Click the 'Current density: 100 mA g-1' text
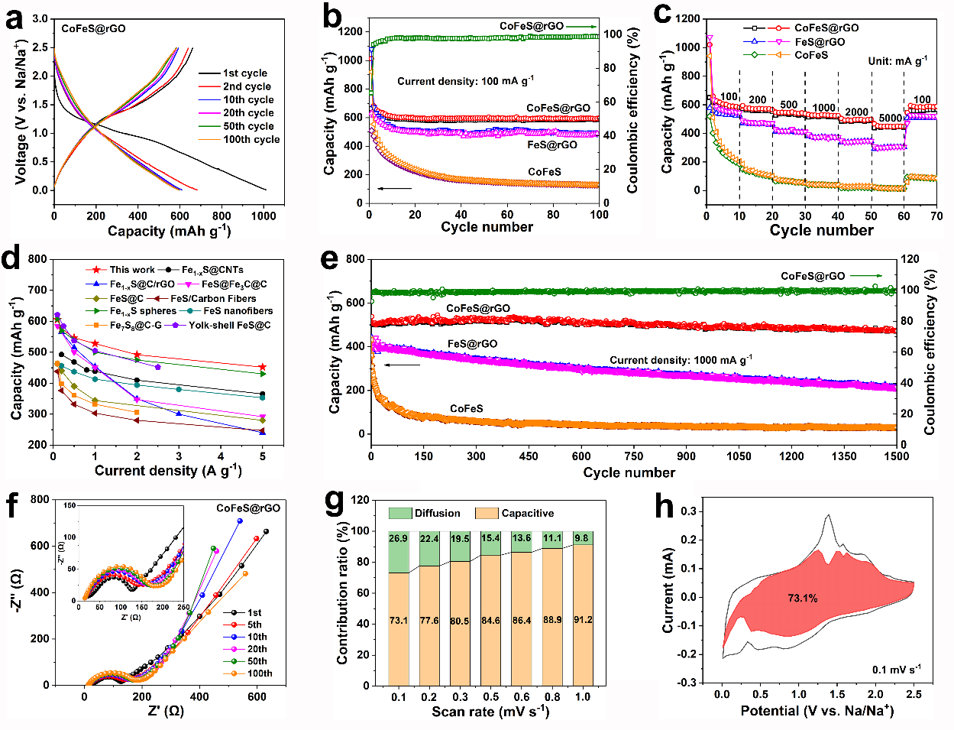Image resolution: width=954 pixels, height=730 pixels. [465, 80]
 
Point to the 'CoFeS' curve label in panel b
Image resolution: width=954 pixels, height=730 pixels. [544, 172]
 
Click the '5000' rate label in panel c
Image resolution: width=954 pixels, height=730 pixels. [890, 118]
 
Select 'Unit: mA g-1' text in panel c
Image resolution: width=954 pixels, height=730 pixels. [897, 60]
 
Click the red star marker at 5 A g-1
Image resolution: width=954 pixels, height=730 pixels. [263, 367]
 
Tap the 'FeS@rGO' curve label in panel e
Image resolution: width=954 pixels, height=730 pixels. [472, 344]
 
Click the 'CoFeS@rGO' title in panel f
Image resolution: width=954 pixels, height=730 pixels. [247, 508]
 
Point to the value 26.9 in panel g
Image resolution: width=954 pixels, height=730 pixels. [398, 539]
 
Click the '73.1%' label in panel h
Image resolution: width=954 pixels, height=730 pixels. [802, 598]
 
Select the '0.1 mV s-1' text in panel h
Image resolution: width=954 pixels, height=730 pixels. [896, 670]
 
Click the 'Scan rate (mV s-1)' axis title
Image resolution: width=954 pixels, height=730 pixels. [490, 712]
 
